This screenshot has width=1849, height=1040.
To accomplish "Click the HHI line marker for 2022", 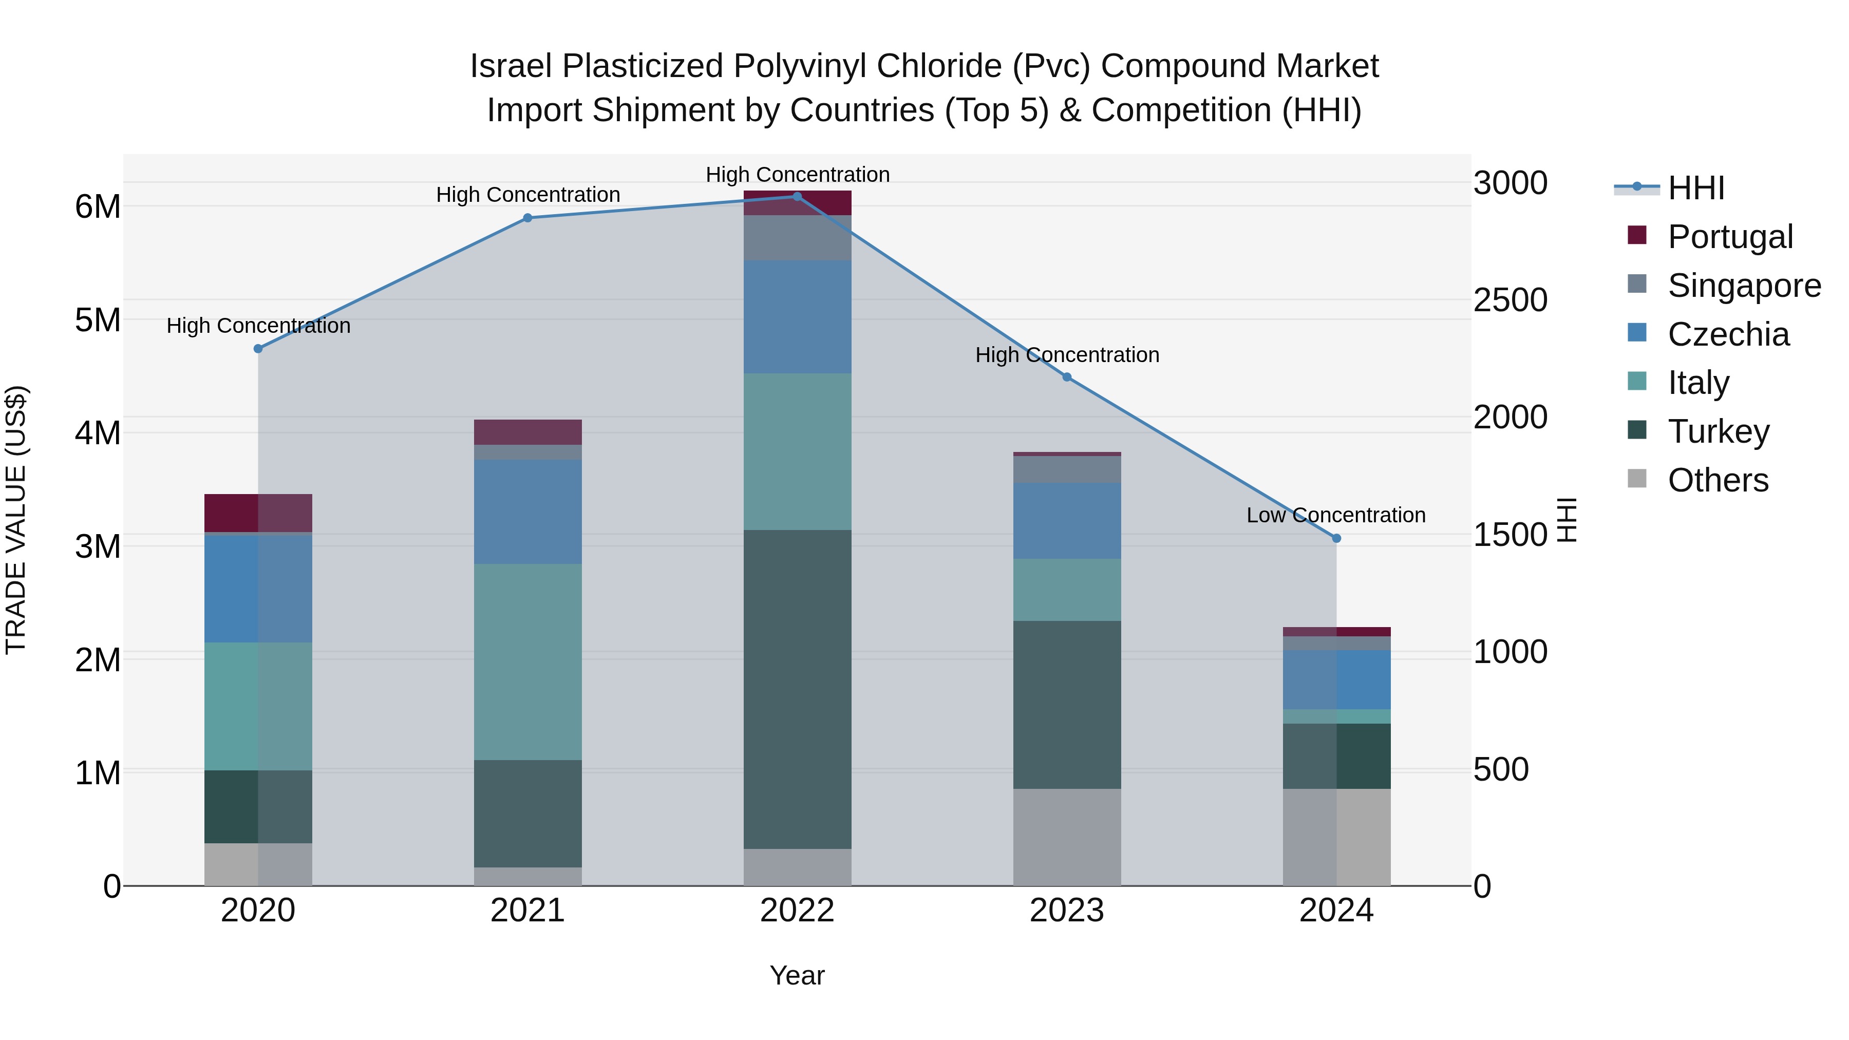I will [x=797, y=197].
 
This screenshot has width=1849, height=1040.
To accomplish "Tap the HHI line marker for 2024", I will [x=1336, y=538].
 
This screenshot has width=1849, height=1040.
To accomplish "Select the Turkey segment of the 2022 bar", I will [x=797, y=689].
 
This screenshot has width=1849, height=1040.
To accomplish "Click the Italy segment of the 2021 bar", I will [x=527, y=662].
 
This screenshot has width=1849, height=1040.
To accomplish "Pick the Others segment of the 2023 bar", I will [x=1067, y=837].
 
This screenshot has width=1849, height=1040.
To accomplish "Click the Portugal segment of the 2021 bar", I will [x=527, y=432].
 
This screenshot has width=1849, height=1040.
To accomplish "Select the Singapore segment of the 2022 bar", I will [x=797, y=238].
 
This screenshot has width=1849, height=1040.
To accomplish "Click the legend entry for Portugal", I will [x=1730, y=237].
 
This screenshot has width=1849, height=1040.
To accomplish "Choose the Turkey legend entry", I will [x=1719, y=431].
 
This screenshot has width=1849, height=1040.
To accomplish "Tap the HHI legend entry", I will [x=1695, y=188].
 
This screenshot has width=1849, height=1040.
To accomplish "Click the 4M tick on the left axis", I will [x=98, y=433].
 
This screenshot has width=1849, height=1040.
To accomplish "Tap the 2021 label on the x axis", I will [x=527, y=911].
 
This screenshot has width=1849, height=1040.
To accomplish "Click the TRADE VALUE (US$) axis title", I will [x=16, y=520].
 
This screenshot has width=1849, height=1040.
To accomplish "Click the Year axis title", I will [x=797, y=975].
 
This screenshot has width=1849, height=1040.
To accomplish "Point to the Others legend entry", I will [x=1718, y=480].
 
